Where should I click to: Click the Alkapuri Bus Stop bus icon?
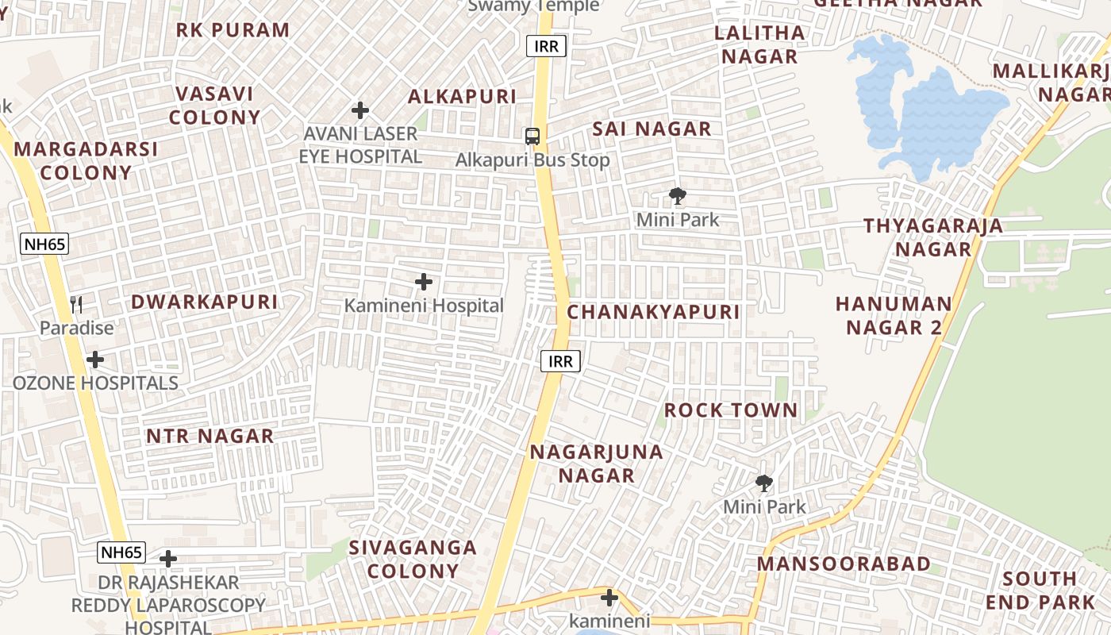pos(532,137)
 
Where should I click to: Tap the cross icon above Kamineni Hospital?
pos(424,282)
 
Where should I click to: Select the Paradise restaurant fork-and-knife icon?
pos(76,304)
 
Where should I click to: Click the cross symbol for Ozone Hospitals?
pos(95,360)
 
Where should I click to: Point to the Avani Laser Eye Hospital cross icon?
pos(360,110)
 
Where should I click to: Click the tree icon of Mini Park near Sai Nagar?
pos(677,195)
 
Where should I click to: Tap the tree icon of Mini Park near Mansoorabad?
pos(764,483)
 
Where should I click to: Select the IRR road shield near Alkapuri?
pos(546,46)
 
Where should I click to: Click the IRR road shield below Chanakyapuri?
pos(561,362)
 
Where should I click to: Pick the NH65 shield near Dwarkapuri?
pos(44,244)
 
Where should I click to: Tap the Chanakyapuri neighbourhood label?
pos(653,312)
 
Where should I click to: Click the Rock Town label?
pos(730,410)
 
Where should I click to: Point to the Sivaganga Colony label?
pos(413,559)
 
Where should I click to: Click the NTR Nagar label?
pos(210,436)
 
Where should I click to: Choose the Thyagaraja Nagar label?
pos(933,237)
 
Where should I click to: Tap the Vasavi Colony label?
pos(214,106)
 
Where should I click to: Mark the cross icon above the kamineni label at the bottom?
pos(609,597)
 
